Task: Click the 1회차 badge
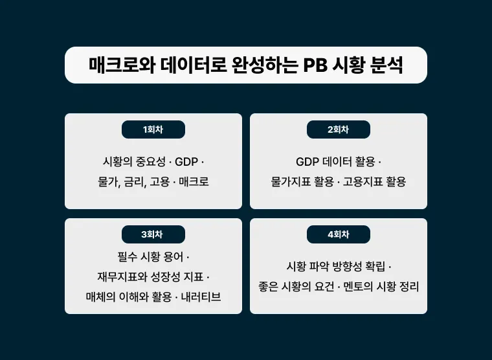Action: point(153,129)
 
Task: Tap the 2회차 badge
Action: point(339,129)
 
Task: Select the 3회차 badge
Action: point(153,234)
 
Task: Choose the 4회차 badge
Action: point(339,234)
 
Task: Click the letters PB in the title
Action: point(316,65)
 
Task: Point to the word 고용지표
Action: point(363,182)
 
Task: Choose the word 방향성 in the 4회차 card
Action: point(346,266)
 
